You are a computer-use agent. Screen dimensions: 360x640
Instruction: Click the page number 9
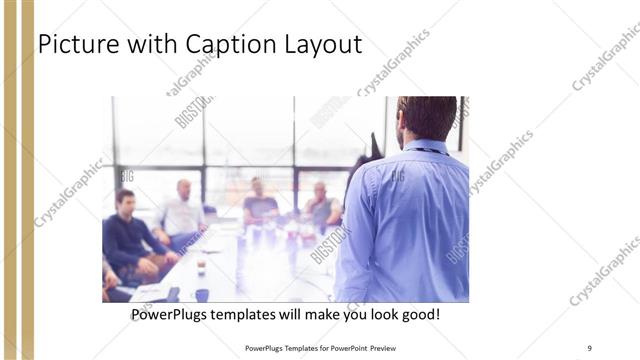[x=589, y=347]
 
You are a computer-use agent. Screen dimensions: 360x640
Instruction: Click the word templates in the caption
[x=254, y=315]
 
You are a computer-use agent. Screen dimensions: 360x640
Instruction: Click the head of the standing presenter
[x=426, y=118]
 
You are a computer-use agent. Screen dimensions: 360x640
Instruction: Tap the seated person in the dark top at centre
[x=259, y=204]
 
